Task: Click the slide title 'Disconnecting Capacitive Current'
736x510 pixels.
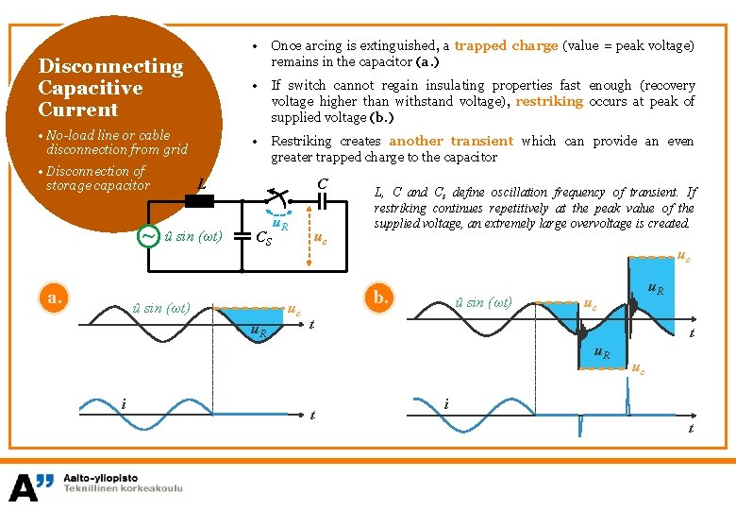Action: (109, 88)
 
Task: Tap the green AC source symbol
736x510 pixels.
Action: (148, 235)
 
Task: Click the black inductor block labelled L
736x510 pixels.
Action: (200, 200)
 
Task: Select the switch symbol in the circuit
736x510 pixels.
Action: (277, 197)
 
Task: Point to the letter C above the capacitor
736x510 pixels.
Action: (323, 183)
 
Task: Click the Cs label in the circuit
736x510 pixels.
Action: (264, 238)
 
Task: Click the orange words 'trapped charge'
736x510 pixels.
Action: (506, 45)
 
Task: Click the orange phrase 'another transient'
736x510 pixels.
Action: (451, 141)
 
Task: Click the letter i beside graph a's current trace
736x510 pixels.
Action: (124, 404)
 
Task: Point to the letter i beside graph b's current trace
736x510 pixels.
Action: (446, 404)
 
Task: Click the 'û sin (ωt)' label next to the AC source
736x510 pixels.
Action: (192, 235)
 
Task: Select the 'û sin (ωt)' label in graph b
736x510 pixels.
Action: (483, 302)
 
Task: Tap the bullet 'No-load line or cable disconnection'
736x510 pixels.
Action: (112, 142)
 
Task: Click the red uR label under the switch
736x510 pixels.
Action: (280, 224)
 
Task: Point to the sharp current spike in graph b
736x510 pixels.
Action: (627, 403)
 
